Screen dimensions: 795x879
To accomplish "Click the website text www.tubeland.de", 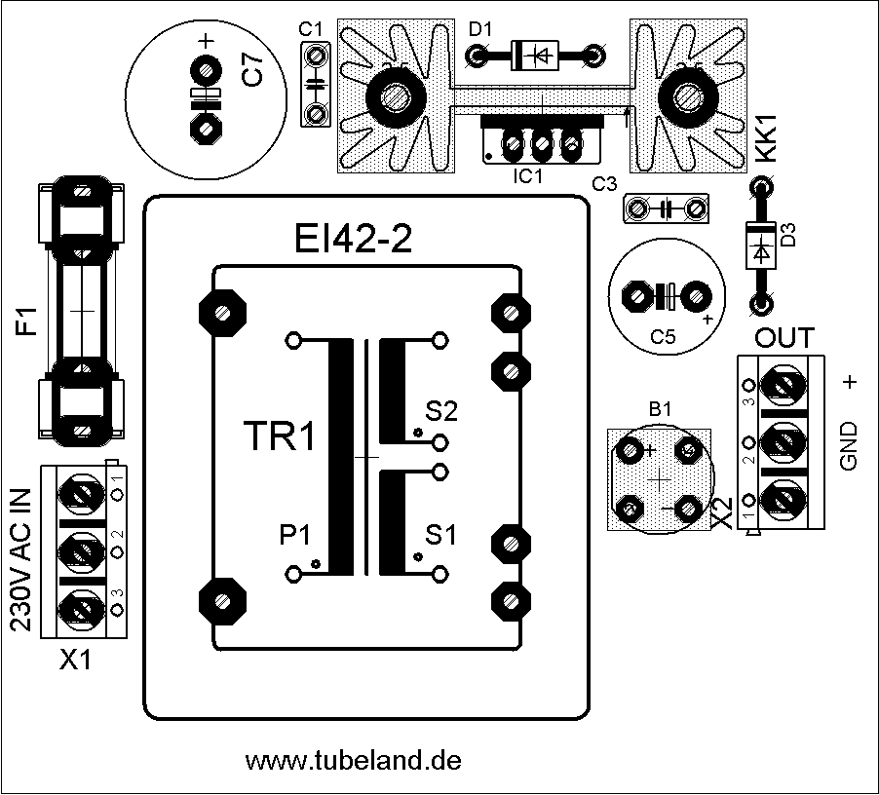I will pos(353,760).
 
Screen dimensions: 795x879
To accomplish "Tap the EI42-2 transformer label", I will pos(353,239).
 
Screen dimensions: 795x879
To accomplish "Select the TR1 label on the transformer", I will pos(279,437).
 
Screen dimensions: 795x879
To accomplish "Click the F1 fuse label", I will pos(26,321).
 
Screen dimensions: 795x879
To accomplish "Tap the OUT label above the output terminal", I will pos(785,339).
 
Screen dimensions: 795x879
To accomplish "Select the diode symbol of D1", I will pos(536,57).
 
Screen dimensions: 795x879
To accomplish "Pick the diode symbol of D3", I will pos(760,247).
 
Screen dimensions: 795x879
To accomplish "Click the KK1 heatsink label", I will pos(767,138).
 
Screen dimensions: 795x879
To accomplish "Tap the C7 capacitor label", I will pos(251,72).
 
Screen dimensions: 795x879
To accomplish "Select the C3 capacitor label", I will pos(604,183).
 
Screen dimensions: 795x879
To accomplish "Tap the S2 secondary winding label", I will pos(440,411).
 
